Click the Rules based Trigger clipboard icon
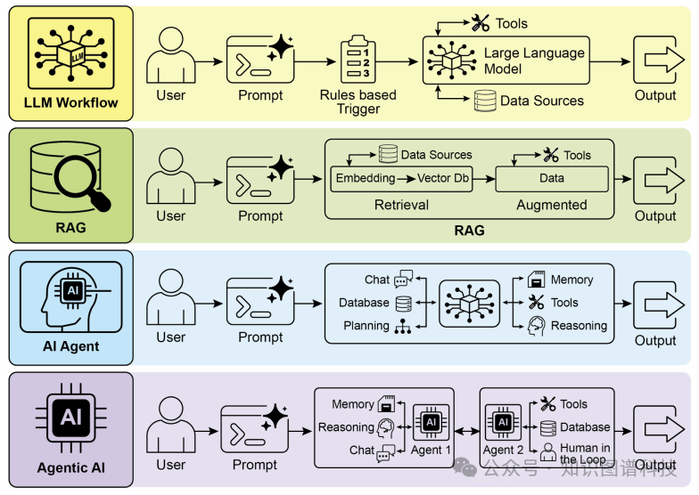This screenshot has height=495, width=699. (x=358, y=60)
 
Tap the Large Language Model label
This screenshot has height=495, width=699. (x=534, y=61)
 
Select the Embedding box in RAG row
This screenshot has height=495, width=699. (x=365, y=178)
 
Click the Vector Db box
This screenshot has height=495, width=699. (x=443, y=178)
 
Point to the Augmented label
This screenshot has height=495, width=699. (x=551, y=205)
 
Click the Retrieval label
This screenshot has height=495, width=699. (x=389, y=205)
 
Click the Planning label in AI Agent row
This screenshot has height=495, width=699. (x=366, y=326)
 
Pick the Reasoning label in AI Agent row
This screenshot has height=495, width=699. (x=579, y=326)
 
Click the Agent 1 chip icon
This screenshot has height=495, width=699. (x=431, y=421)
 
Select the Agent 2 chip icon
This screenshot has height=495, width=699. (x=503, y=421)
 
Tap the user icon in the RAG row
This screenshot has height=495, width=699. (x=170, y=178)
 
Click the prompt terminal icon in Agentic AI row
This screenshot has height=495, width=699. (x=255, y=427)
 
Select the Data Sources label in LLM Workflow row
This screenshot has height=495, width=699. (x=541, y=101)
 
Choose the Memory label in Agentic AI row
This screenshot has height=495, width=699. (x=353, y=404)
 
